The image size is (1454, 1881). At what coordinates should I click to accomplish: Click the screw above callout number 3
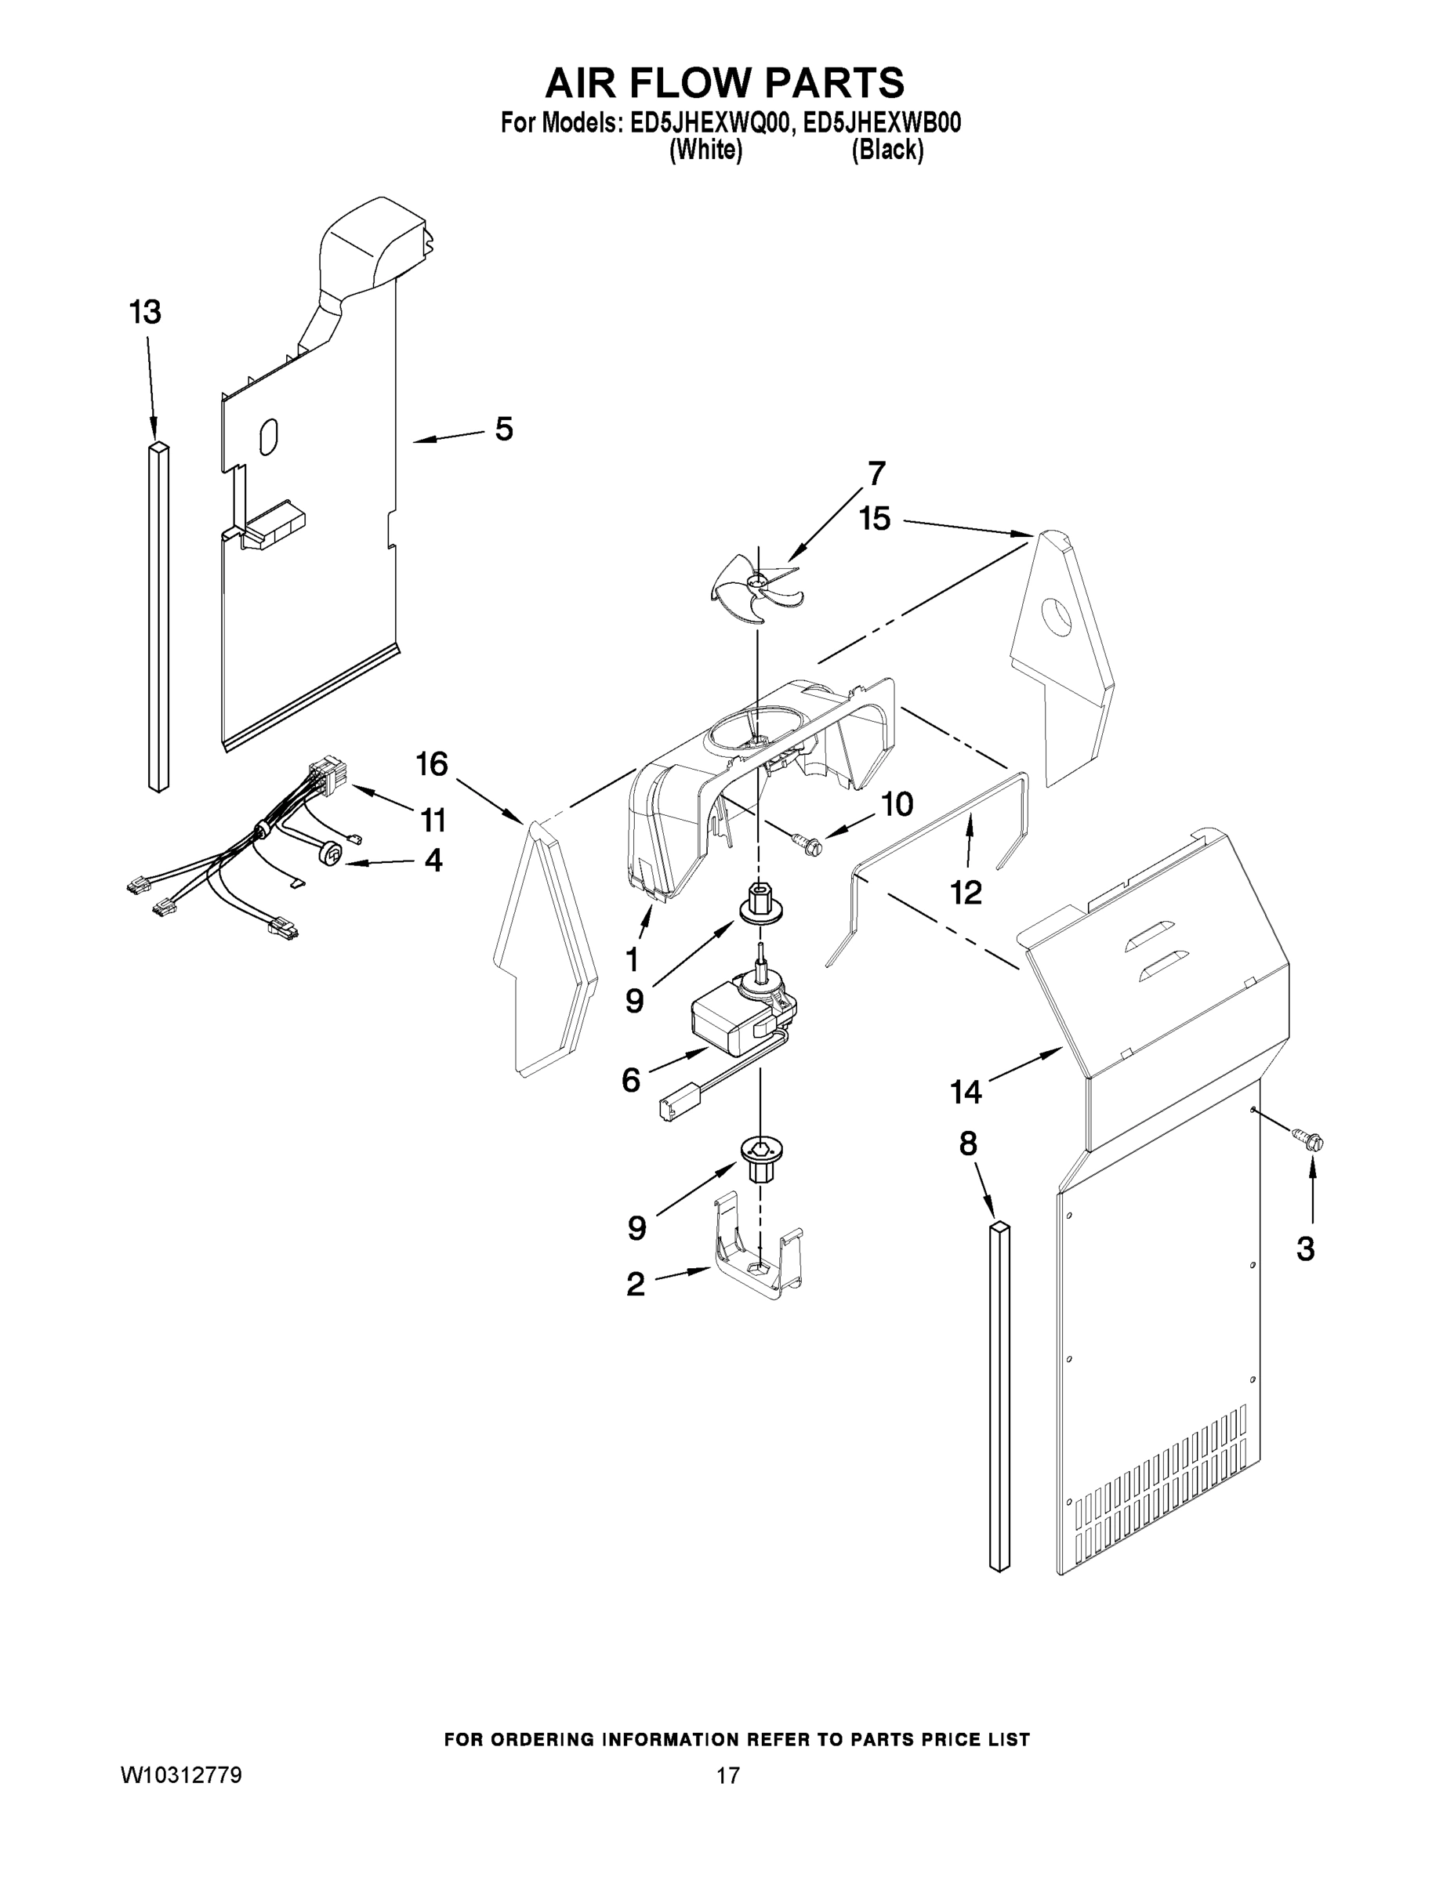tap(1312, 1141)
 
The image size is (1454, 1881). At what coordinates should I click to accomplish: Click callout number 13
tap(146, 312)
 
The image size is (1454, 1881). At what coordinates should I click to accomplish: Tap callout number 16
tap(433, 763)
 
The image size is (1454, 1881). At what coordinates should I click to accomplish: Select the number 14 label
tap(966, 1092)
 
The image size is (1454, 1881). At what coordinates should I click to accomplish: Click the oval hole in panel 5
tap(269, 436)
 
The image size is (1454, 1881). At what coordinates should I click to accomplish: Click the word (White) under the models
tap(705, 150)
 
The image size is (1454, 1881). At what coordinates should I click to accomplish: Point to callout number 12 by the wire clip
tap(966, 892)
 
